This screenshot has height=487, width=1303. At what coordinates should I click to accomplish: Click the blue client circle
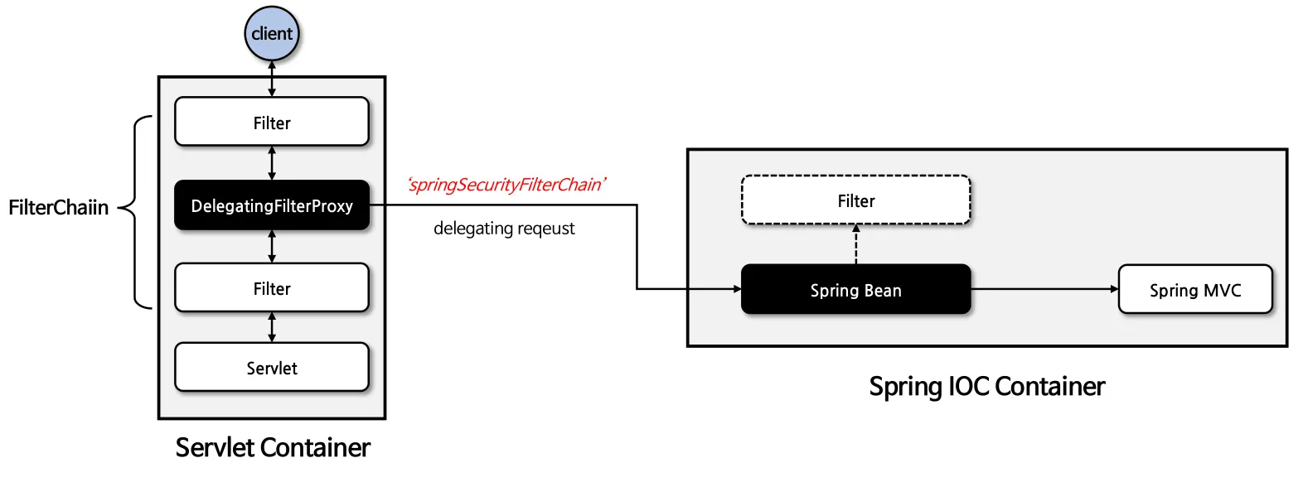tap(272, 34)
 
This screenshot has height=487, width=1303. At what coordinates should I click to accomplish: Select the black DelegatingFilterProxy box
tap(272, 205)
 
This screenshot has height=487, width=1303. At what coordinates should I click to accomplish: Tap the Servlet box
tap(272, 368)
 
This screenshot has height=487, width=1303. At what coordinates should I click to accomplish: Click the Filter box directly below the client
tap(272, 123)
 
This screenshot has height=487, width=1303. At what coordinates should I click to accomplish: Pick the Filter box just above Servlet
tap(272, 288)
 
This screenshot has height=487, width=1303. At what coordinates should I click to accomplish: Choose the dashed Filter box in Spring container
tap(855, 200)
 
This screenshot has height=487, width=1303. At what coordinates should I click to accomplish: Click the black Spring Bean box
tap(855, 290)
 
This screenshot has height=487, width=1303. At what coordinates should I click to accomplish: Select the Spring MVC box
tap(1194, 290)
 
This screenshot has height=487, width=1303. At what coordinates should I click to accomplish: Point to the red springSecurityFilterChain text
tap(506, 185)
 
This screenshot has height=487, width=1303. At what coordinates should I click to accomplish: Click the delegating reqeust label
tap(504, 229)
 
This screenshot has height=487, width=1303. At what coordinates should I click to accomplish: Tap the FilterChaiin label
tap(58, 208)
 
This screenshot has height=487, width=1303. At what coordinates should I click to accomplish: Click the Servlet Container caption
tap(273, 448)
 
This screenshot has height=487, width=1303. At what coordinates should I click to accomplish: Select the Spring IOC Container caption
tap(986, 387)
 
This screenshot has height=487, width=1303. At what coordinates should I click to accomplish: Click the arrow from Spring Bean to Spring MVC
tap(1044, 289)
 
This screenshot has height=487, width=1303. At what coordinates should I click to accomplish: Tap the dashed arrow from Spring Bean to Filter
tap(856, 244)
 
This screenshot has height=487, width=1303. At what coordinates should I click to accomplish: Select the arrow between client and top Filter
tap(272, 79)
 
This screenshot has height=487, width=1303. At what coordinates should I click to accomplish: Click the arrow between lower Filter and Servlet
tap(272, 327)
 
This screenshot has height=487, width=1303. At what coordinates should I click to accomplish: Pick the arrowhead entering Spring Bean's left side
tap(736, 289)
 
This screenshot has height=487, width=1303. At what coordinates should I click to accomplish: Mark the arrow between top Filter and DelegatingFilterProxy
tap(272, 163)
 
